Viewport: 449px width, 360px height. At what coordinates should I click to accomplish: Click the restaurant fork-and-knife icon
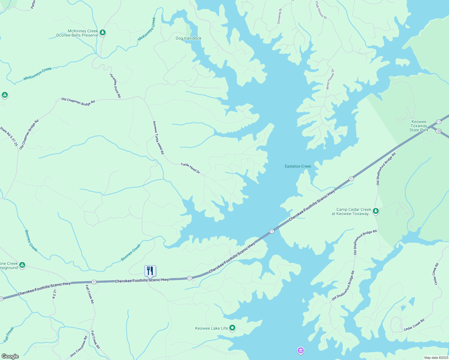click(150, 271)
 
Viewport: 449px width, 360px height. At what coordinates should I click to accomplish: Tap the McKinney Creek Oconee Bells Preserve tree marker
click(103, 32)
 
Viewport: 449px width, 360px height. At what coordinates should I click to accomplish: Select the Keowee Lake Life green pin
click(232, 328)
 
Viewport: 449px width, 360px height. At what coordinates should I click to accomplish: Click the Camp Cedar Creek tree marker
click(375, 211)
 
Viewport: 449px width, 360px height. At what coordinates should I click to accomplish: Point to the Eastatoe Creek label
click(298, 166)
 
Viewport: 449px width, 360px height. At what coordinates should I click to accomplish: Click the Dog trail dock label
click(188, 38)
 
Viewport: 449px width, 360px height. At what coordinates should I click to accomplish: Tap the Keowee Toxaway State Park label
click(419, 126)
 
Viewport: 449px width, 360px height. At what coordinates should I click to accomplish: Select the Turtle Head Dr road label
click(190, 168)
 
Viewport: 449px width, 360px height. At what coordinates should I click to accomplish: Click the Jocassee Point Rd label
click(115, 85)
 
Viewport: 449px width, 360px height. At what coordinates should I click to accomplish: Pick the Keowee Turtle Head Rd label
click(158, 138)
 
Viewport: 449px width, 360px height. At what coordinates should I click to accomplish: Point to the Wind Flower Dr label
click(330, 79)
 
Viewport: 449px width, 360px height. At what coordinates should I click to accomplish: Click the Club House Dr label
click(321, 10)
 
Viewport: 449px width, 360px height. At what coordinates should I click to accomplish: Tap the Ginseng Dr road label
click(279, 16)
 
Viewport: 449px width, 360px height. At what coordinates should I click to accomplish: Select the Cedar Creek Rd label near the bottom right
click(414, 325)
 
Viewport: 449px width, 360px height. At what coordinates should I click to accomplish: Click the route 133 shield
click(438, 131)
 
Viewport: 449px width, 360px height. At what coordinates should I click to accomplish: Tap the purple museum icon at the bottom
click(300, 350)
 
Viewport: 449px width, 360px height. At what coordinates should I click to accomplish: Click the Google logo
click(10, 356)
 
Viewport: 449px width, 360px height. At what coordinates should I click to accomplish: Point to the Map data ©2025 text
click(436, 358)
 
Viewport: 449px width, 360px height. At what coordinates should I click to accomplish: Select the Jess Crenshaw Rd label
click(79, 346)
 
